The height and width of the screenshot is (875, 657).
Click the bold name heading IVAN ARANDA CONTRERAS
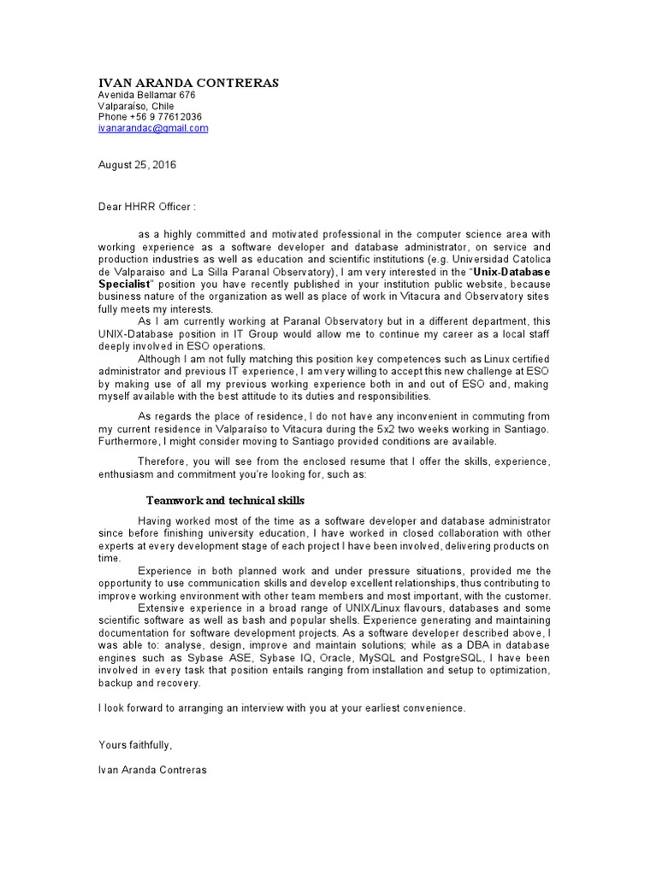point(187,82)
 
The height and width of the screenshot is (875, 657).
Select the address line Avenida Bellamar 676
point(146,95)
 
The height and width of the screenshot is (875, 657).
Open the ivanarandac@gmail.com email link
point(153,128)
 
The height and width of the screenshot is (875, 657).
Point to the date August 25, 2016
point(137,165)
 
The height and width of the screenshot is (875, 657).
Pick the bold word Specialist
point(124,283)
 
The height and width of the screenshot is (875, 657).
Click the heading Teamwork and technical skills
point(225,500)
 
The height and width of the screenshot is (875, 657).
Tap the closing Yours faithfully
point(135,745)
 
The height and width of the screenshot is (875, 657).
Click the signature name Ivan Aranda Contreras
point(152,770)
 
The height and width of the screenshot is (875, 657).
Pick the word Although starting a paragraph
point(160,360)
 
